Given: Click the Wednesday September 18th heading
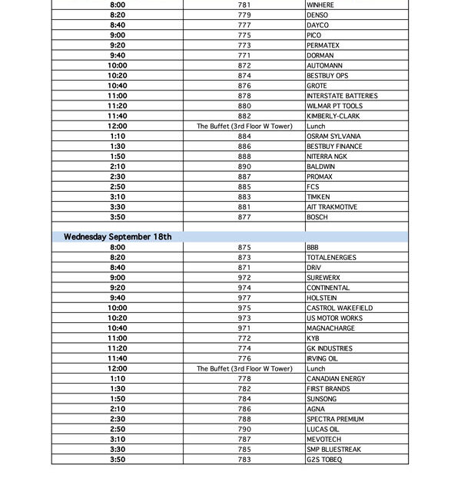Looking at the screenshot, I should [118, 237].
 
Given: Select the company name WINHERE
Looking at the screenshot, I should [320, 5].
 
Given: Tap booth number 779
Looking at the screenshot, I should [244, 15].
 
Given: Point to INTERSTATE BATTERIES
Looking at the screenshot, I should [342, 96].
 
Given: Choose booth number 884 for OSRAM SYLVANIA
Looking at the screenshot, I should [244, 137].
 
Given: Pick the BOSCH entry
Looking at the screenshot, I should [317, 217].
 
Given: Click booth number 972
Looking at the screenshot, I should [244, 278].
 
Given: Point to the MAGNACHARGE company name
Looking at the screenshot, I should [331, 328].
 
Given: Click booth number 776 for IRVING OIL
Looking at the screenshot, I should [244, 358].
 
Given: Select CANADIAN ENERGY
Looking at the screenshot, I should [336, 378].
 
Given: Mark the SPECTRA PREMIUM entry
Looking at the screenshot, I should [335, 419].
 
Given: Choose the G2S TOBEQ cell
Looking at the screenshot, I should [324, 460].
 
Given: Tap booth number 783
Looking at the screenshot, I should [244, 460].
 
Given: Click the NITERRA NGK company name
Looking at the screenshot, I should [327, 157].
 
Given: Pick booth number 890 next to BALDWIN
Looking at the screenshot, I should [244, 166].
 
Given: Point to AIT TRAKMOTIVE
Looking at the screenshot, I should [332, 207].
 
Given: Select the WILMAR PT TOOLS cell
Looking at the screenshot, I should [334, 106].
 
